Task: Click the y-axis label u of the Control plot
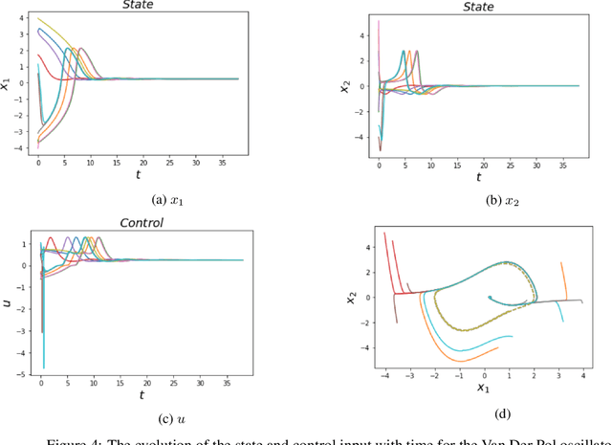click(x=8, y=302)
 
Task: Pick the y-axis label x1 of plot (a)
click(x=8, y=84)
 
